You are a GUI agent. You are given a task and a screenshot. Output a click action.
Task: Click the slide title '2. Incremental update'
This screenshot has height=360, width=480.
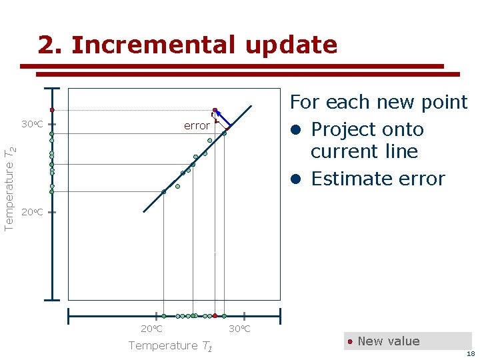[x=187, y=45]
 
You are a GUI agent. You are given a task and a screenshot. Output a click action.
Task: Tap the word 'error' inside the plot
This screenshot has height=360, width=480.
[x=197, y=125]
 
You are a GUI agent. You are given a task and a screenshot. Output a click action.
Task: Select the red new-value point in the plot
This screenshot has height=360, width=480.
[x=215, y=110]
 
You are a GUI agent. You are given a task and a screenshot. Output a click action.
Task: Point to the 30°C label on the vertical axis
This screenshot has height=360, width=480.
[x=32, y=125]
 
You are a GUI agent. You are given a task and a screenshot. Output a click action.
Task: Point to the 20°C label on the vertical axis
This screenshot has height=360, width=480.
[x=32, y=213]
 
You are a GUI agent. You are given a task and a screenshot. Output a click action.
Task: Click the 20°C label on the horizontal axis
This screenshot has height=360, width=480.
[x=151, y=329]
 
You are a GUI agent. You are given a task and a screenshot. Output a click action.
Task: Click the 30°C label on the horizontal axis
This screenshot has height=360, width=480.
[x=239, y=329]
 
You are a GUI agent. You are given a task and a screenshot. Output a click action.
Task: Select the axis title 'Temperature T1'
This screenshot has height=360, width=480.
[x=170, y=345]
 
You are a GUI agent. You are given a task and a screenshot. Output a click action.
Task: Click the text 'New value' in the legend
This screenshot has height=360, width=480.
[x=389, y=341]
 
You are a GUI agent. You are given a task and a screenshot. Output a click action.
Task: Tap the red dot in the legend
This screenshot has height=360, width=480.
[x=350, y=341]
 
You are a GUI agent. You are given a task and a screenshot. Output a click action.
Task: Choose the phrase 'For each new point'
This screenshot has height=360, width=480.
[x=378, y=102]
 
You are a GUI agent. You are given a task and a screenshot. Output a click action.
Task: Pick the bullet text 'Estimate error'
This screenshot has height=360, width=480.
[x=377, y=179]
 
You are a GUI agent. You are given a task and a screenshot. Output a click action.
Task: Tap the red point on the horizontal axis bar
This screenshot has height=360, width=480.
[x=215, y=315]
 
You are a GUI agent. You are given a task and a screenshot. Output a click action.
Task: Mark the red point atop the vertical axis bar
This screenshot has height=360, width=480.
[x=51, y=110]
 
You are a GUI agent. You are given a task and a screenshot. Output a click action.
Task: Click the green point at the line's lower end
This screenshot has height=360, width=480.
[x=164, y=191]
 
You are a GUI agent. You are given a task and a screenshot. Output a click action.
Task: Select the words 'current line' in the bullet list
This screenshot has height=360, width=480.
[x=364, y=151]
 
